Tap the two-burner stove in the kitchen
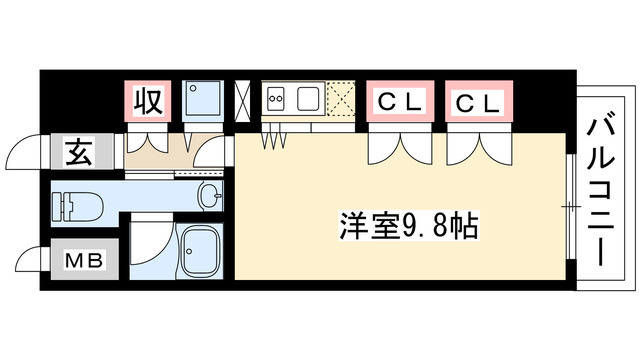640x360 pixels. coord(276,99)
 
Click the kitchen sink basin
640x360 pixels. coord(308,99)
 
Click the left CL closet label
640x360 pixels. coord(399,102)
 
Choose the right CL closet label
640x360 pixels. coord(478,102)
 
